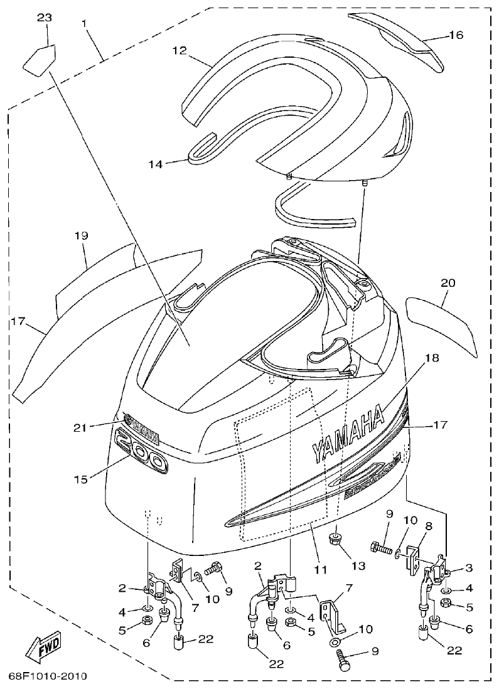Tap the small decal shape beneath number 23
pyautogui.click(x=39, y=58)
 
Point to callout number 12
pyautogui.click(x=179, y=51)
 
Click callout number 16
pyautogui.click(x=456, y=35)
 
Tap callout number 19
pyautogui.click(x=81, y=236)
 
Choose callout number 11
pyautogui.click(x=321, y=570)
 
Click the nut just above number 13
pyautogui.click(x=336, y=538)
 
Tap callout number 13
pyautogui.click(x=357, y=565)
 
